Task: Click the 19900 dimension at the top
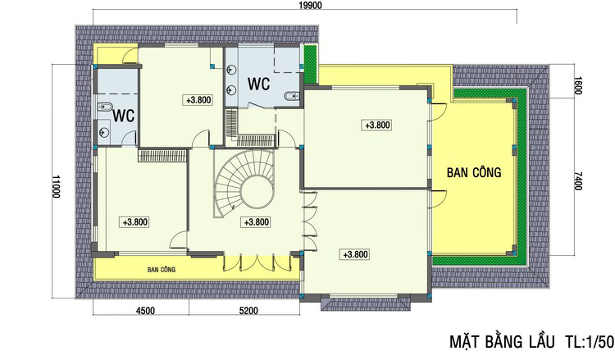click(309, 5)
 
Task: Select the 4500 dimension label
click(145, 311)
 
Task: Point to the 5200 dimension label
click(248, 311)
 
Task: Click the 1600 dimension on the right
click(577, 85)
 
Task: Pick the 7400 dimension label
click(577, 180)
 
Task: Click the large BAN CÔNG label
click(474, 171)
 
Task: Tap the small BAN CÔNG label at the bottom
click(162, 270)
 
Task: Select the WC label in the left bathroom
click(124, 116)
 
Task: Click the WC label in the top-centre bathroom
click(258, 84)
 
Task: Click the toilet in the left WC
click(104, 107)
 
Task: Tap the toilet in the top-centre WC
click(291, 97)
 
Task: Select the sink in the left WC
click(104, 133)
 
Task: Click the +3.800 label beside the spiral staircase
click(257, 222)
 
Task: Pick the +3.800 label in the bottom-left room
click(135, 222)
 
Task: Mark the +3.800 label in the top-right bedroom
click(377, 125)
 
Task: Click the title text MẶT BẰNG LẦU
click(502, 342)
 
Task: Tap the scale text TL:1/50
click(590, 342)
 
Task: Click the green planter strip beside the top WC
click(311, 64)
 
